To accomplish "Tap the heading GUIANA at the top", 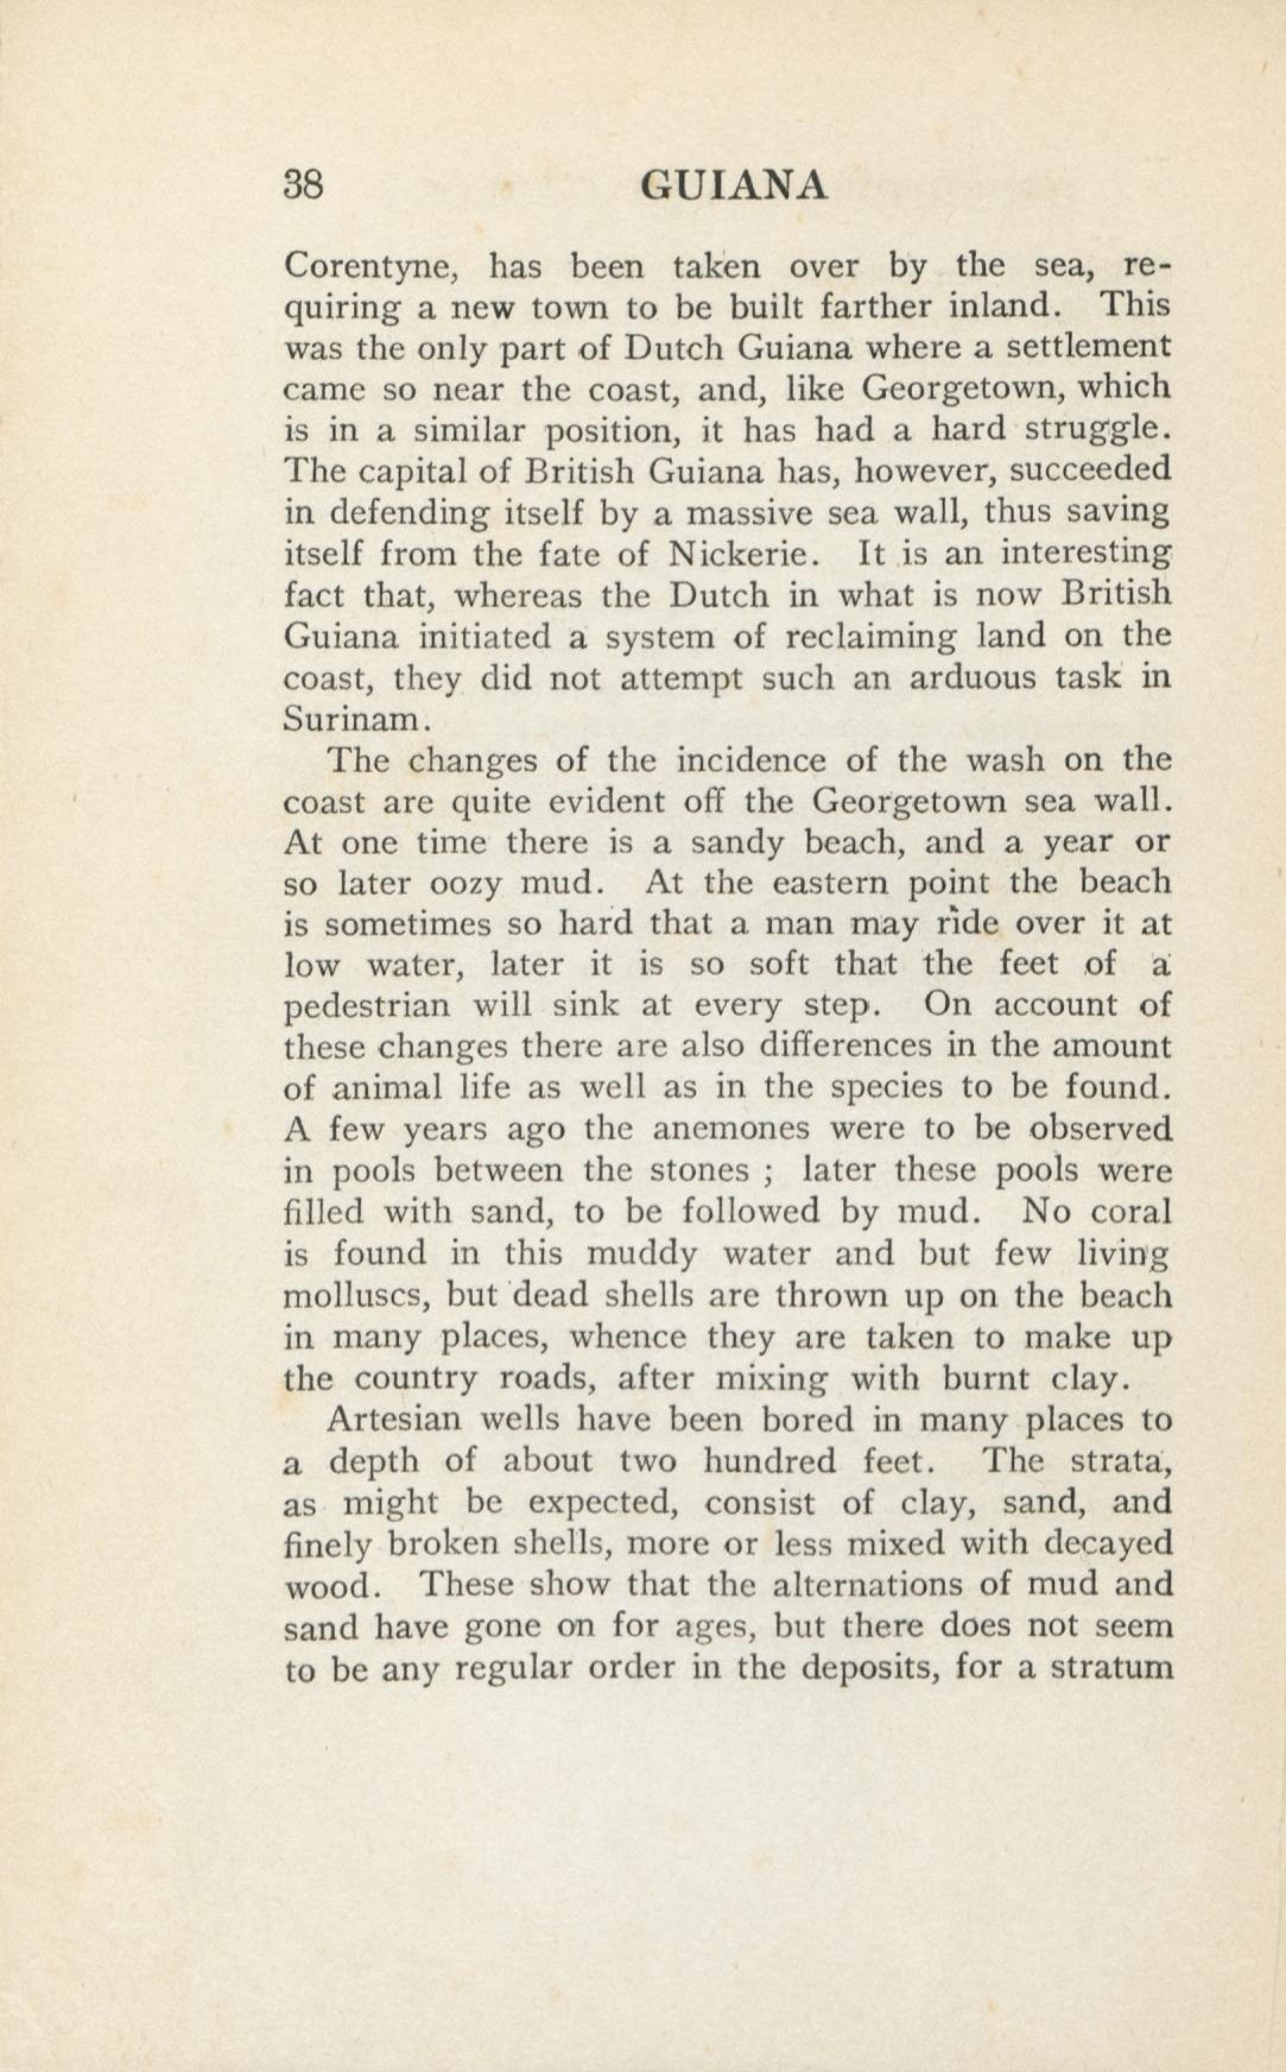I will point(733,187).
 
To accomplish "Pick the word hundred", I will point(771,1461).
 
